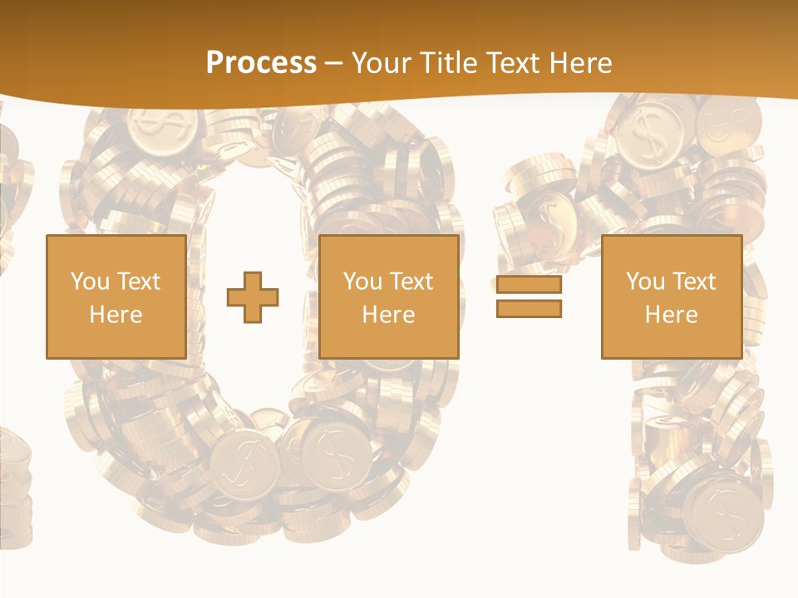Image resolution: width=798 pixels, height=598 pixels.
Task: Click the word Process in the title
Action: pos(261,62)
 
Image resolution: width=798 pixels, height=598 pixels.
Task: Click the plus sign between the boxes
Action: pos(253,297)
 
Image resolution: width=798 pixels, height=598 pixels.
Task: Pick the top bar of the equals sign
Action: pos(529,285)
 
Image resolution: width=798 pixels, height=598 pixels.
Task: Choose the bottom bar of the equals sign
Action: pos(529,309)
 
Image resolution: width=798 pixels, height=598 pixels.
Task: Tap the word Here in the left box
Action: pos(116,315)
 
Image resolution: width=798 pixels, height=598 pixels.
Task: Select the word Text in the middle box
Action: pos(411,282)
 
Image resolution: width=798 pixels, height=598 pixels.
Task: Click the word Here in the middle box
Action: pos(388,315)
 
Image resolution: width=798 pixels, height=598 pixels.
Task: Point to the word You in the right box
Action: pos(646,282)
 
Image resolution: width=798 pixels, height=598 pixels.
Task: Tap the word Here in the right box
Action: pos(671,315)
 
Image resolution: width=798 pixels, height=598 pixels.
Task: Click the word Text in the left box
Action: pos(139,282)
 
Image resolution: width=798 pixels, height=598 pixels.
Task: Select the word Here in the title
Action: pos(583,62)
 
